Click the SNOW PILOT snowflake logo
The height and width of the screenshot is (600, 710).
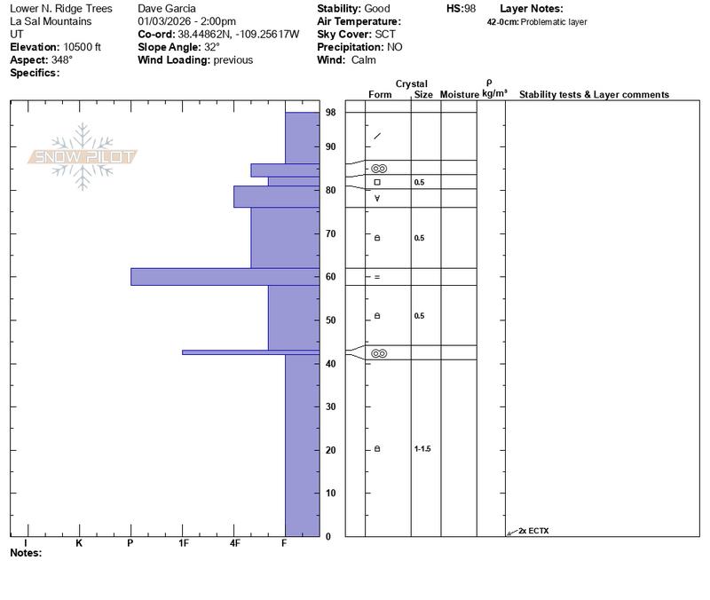coord(83,157)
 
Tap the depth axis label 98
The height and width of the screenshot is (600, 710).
coord(330,113)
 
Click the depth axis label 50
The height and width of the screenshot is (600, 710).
coord(330,320)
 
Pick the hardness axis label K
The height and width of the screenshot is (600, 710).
coord(79,543)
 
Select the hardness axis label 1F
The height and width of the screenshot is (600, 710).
coord(184,543)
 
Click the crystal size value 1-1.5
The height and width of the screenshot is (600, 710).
coord(422,449)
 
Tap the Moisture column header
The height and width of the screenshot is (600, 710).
coord(460,94)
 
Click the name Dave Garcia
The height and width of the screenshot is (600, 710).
coord(168,9)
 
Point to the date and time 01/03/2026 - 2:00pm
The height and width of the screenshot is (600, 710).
coord(187,21)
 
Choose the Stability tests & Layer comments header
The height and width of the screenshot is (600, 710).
coord(594,94)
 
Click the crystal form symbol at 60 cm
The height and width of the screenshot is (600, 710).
coord(377,277)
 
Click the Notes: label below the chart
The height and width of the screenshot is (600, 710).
coord(26,553)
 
